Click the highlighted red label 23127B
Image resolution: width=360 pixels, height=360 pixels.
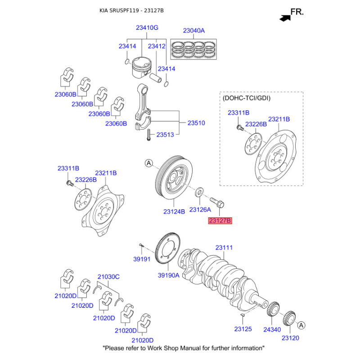click(x=220, y=220)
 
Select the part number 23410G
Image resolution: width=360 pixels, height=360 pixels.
click(x=147, y=28)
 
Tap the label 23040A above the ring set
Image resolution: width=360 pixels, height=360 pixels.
click(x=193, y=31)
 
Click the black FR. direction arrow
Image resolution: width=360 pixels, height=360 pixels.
click(x=284, y=18)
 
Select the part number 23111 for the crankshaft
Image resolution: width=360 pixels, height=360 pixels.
click(x=224, y=247)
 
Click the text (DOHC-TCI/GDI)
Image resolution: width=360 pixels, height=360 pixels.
click(x=247, y=98)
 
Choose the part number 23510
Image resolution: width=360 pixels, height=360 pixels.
click(x=196, y=122)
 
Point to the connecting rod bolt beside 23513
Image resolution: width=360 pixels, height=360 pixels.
click(x=148, y=134)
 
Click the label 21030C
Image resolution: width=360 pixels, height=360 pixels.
click(x=108, y=277)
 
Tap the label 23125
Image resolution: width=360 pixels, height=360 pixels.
click(x=243, y=330)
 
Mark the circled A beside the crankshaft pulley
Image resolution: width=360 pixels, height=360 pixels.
click(x=148, y=163)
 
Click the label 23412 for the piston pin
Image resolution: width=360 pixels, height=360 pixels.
click(x=157, y=46)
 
